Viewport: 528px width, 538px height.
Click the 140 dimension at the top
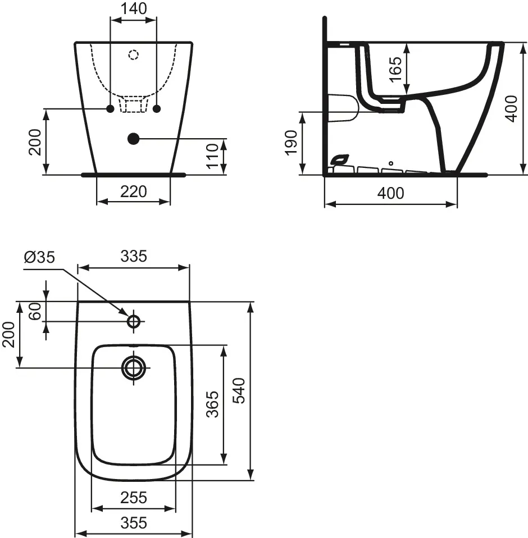point(134,8)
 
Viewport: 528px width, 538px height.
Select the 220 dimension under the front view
point(134,192)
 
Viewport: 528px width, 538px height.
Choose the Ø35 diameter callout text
point(39,257)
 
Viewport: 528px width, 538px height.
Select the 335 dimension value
point(134,256)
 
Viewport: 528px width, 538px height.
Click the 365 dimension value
point(213,404)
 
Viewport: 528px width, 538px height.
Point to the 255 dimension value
point(133,497)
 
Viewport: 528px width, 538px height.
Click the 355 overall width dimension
point(133,523)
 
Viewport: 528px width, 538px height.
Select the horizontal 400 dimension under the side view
point(390,193)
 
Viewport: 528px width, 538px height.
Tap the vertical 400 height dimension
point(510,108)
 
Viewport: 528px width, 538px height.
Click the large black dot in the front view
point(133,138)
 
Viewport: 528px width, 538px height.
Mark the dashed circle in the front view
point(133,54)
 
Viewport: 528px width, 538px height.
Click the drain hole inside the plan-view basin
point(134,367)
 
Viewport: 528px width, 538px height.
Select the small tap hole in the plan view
point(134,321)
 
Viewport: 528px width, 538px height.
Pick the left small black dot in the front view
point(110,108)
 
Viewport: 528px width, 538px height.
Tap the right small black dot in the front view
point(157,108)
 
